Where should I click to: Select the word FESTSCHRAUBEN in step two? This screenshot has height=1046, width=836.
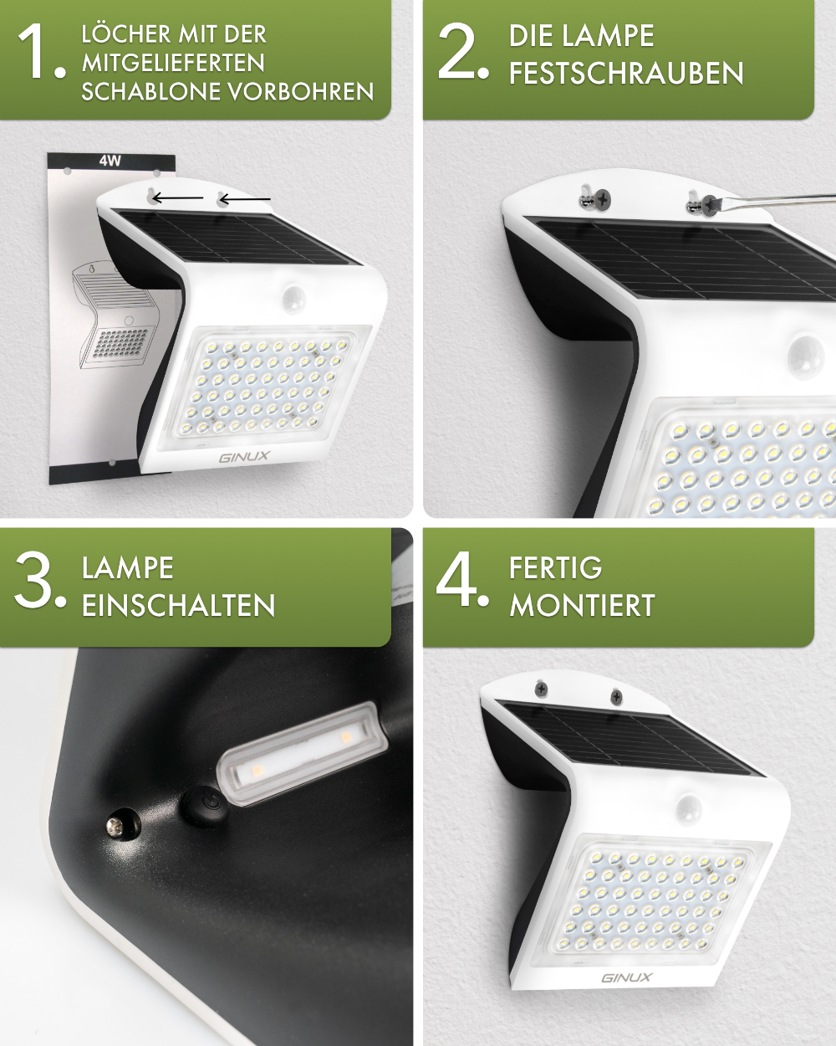pos(626,74)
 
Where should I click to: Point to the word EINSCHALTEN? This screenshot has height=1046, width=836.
pos(178,606)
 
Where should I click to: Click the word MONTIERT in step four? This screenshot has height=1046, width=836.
pos(582,606)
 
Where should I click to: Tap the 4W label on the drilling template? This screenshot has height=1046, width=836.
pos(110,161)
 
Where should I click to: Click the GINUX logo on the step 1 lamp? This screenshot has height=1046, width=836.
pos(244,457)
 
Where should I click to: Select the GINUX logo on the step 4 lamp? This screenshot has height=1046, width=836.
pos(626,977)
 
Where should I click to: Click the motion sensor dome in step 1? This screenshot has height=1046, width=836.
pos(293,297)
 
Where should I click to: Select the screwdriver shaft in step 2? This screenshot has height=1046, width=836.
pos(777,200)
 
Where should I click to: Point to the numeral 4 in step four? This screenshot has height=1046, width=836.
pos(460,579)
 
